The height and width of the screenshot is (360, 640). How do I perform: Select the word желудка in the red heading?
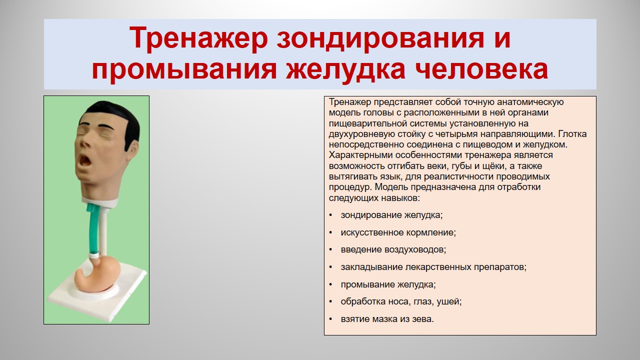(x=345, y=70)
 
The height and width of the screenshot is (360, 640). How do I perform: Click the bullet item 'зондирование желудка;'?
(x=391, y=215)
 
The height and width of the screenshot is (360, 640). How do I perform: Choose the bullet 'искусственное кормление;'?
(x=398, y=232)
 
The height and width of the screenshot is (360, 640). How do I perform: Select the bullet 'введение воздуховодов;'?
(x=393, y=249)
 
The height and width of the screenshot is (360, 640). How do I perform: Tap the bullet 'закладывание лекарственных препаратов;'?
(x=433, y=267)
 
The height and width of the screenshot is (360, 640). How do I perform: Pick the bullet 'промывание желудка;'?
(x=388, y=284)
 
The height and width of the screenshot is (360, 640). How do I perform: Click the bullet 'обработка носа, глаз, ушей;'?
(x=401, y=301)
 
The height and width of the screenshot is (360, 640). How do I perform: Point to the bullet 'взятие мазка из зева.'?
(x=387, y=319)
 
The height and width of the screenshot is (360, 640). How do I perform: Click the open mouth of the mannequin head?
(x=84, y=161)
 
